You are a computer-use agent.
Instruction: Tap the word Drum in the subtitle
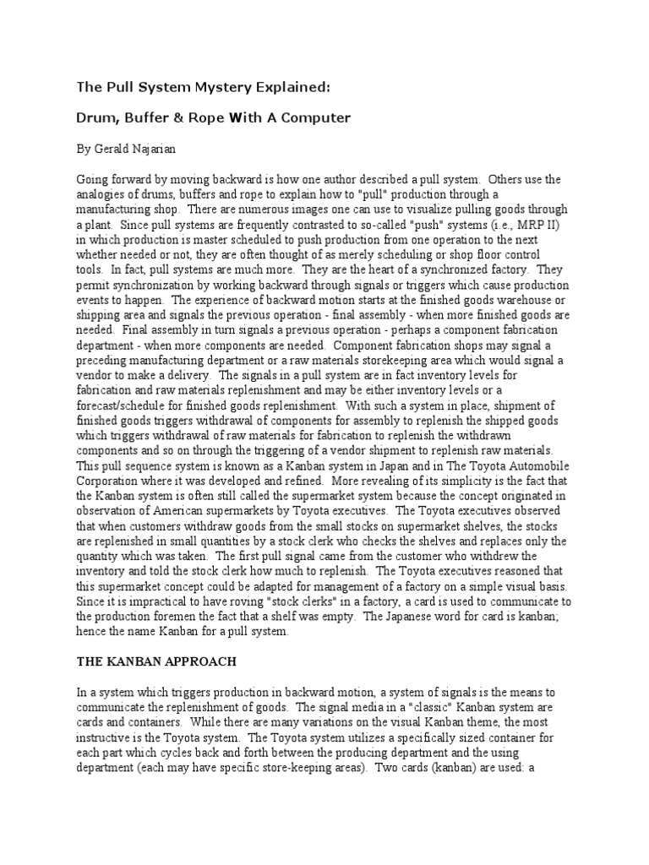pyautogui.click(x=96, y=117)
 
